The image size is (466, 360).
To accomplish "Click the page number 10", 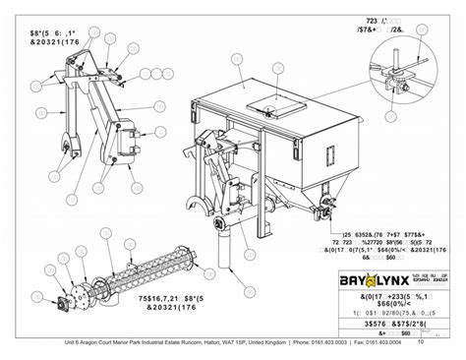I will (x=422, y=342).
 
